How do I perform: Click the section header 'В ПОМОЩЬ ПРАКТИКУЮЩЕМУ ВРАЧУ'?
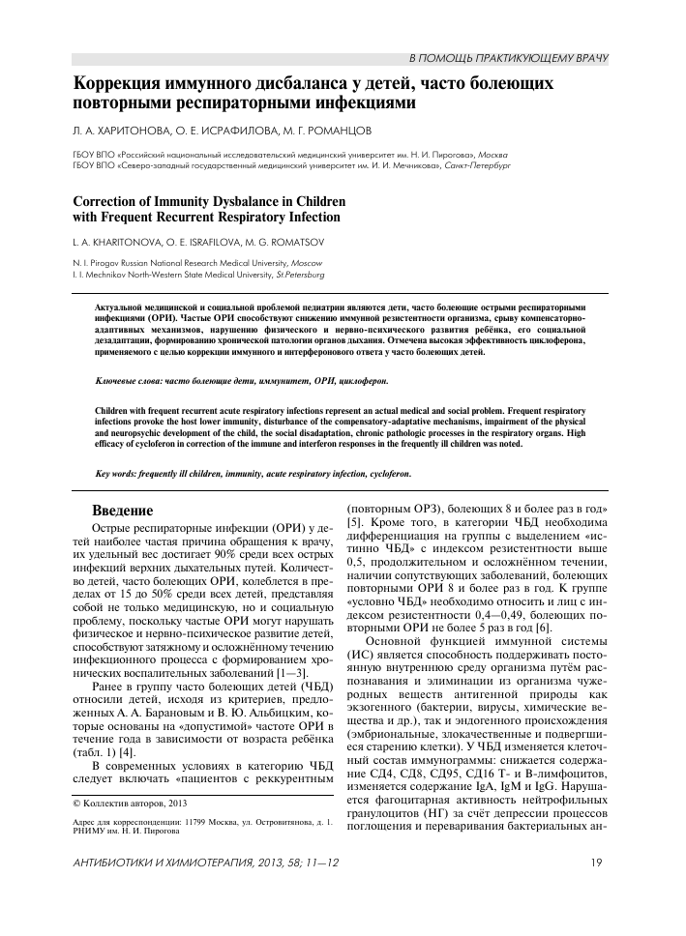click(x=509, y=59)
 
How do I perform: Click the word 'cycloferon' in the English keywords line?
click(x=386, y=474)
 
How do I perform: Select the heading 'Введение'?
click(x=122, y=511)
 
